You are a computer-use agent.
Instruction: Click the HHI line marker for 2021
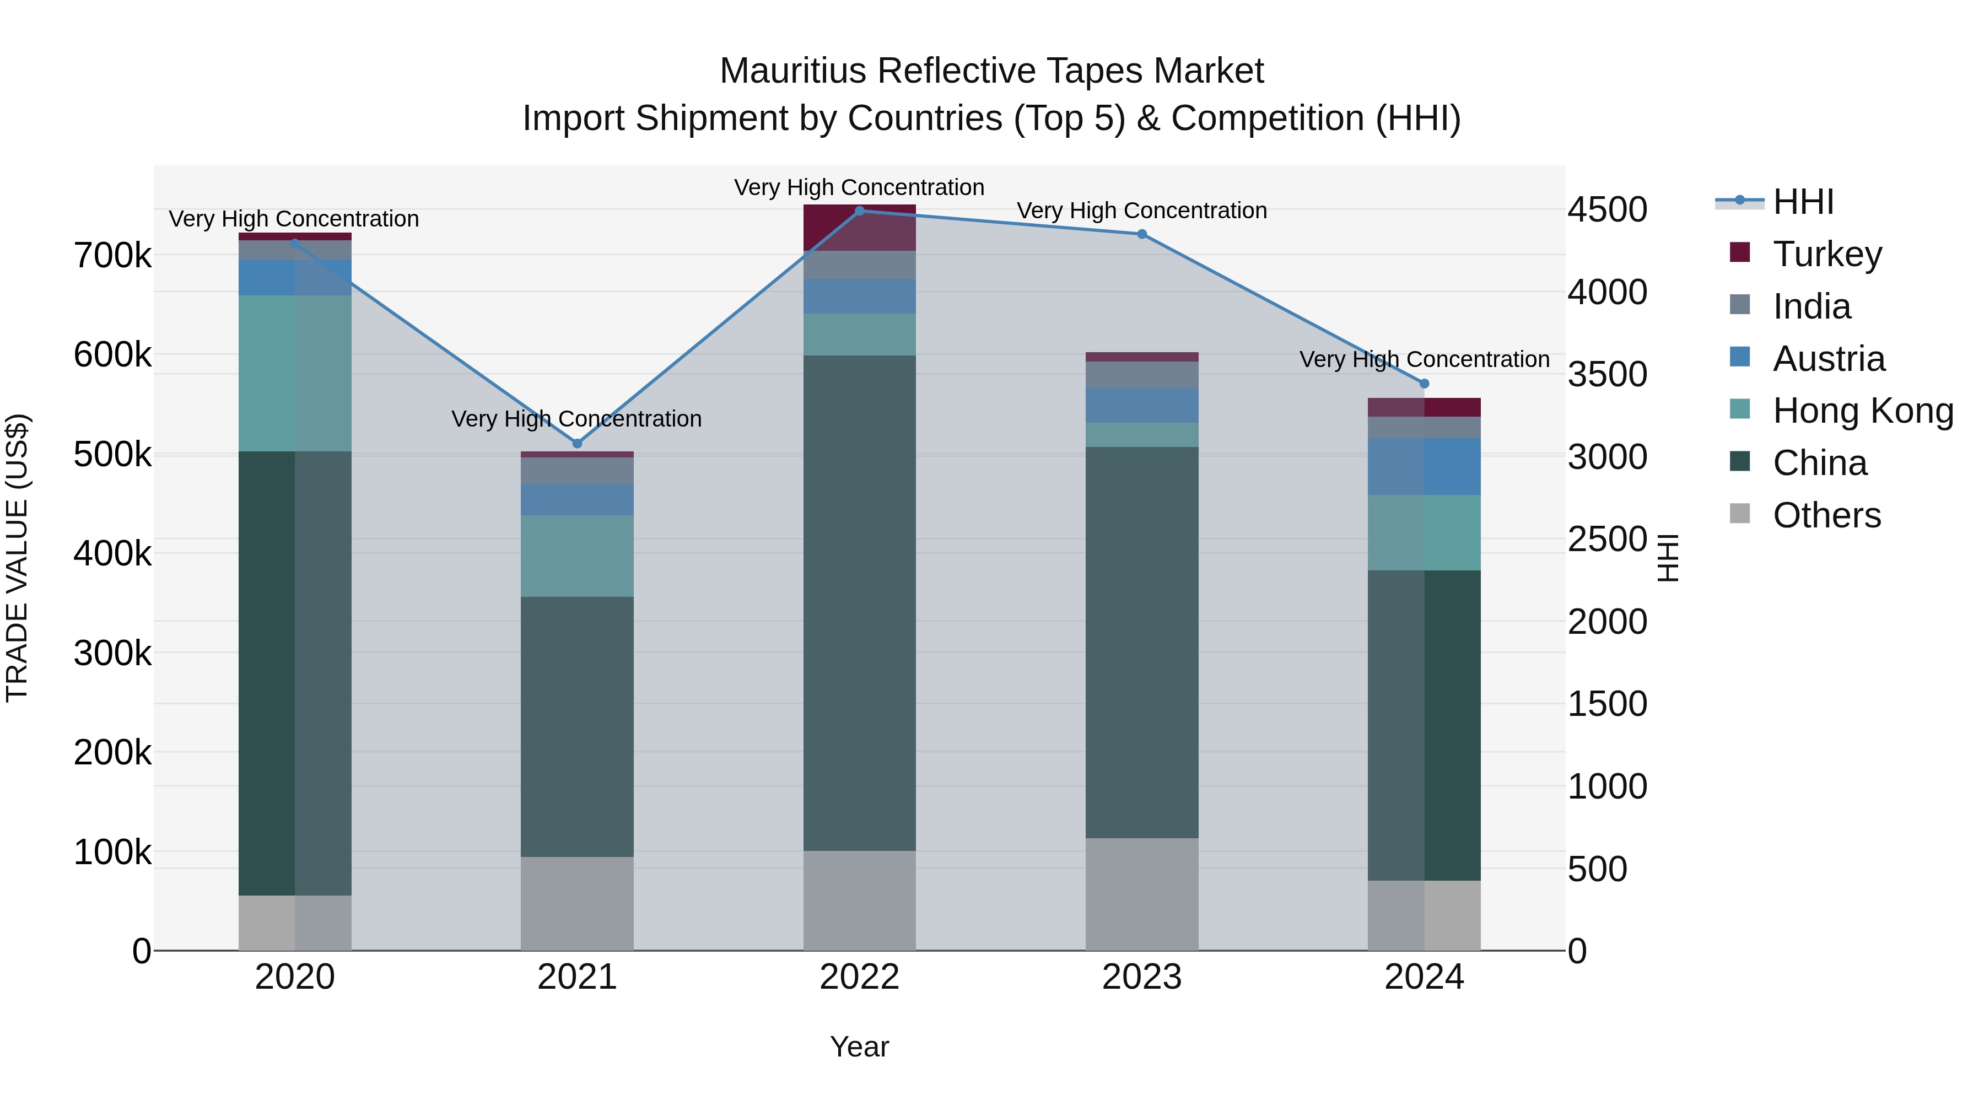click(577, 444)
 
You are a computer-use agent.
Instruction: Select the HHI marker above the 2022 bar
click(860, 211)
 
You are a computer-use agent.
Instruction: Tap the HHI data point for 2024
click(1424, 384)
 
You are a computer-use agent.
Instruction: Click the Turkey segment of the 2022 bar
click(860, 228)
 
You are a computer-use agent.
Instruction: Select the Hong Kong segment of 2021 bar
click(577, 556)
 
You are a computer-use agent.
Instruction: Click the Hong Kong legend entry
click(1862, 411)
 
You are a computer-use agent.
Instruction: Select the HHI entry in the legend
click(1802, 202)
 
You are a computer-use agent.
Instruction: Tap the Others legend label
click(1826, 515)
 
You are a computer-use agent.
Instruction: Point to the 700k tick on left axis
click(112, 256)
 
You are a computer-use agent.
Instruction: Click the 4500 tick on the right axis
click(1608, 209)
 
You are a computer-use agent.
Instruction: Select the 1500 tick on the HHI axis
click(1608, 704)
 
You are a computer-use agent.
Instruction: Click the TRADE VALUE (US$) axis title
click(17, 558)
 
